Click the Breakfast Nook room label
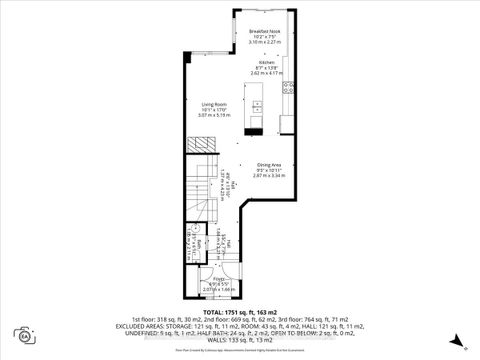[x=263, y=32]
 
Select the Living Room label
[x=216, y=103]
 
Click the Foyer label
[x=217, y=281]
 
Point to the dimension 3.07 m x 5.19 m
[x=216, y=116]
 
